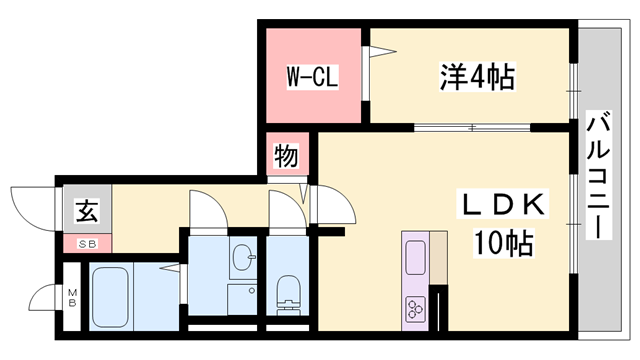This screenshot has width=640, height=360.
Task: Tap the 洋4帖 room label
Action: [x=476, y=76]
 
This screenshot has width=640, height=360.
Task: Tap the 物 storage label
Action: [x=285, y=157]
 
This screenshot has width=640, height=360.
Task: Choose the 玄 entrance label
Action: [x=87, y=211]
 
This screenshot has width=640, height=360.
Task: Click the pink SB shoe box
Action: [x=87, y=243]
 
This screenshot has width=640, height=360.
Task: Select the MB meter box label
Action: [x=72, y=297]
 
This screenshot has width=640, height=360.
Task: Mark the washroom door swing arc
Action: [x=206, y=210]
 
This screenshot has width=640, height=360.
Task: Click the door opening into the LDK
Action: [x=333, y=208]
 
